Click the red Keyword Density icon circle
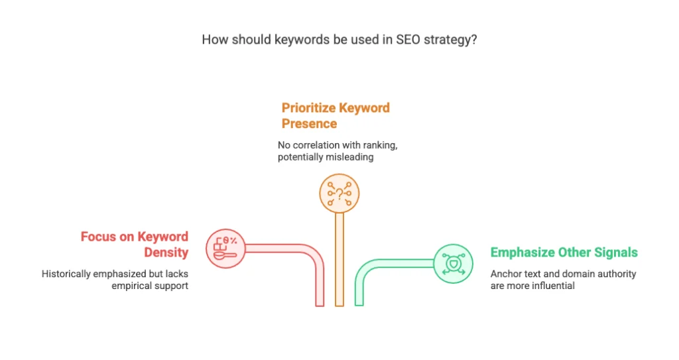pyautogui.click(x=225, y=249)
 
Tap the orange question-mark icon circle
pyautogui.click(x=339, y=194)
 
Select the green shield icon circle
pyautogui.click(x=453, y=264)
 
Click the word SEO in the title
pyautogui.click(x=408, y=40)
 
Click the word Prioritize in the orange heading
pyautogui.click(x=308, y=108)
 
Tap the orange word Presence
pyautogui.click(x=309, y=123)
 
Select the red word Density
pyautogui.click(x=166, y=253)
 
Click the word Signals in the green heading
pyautogui.click(x=616, y=253)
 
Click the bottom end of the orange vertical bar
pyautogui.click(x=339, y=306)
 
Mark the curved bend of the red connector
pyautogui.click(x=313, y=256)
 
